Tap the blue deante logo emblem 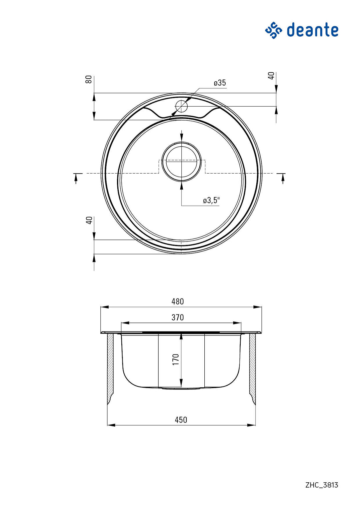click(x=274, y=30)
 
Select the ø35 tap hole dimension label click(x=220, y=83)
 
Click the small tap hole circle click(x=181, y=106)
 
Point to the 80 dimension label click(x=89, y=79)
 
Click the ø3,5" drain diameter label click(x=211, y=201)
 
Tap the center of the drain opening click(x=181, y=162)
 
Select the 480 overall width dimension click(x=178, y=301)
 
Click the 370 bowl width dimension click(x=178, y=317)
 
